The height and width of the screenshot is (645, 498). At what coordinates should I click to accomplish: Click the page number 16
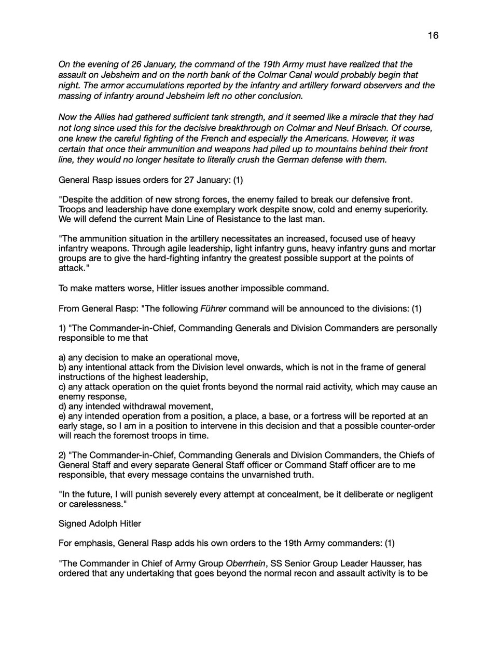tap(433, 35)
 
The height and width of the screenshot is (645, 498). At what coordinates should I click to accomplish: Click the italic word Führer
tap(213, 309)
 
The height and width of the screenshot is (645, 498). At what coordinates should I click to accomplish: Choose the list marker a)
tap(62, 357)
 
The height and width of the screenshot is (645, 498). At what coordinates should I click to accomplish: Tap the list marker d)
tap(62, 406)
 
